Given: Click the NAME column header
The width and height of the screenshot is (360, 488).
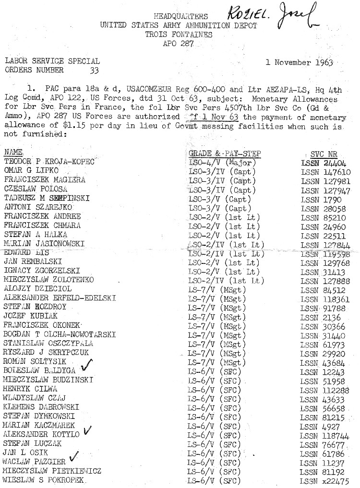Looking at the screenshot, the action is tap(13, 153).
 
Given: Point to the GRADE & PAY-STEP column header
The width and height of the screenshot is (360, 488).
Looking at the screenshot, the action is tap(225, 154).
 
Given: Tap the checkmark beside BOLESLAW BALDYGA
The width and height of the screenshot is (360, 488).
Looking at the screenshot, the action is tap(87, 366).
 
